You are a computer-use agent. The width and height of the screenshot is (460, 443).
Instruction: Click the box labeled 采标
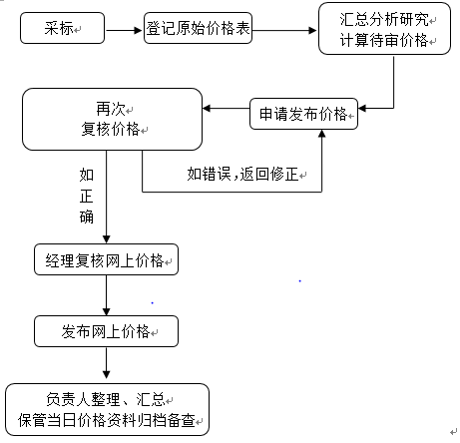[x=62, y=28]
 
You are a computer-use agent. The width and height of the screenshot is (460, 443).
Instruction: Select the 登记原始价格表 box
[x=198, y=28]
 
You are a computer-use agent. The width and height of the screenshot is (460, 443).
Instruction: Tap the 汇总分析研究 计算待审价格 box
[x=384, y=29]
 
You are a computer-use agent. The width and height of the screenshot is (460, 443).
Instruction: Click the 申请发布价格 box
[x=303, y=114]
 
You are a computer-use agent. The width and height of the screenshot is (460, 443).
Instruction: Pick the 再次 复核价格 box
[x=112, y=119]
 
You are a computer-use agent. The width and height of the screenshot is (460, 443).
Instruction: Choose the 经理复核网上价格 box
[x=106, y=259]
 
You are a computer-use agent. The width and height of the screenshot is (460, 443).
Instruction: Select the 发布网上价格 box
[x=106, y=331]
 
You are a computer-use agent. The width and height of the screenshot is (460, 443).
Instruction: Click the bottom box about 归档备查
[x=107, y=409]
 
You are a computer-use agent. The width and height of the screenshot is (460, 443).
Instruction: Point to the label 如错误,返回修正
[x=242, y=174]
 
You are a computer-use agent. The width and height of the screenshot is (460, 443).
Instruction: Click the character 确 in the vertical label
[x=87, y=217]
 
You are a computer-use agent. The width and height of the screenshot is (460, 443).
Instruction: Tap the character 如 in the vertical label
[x=87, y=175]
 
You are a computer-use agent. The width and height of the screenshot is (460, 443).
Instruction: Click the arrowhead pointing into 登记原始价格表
[x=138, y=30]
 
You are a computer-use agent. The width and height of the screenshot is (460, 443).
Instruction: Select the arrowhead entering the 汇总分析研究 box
[x=312, y=30]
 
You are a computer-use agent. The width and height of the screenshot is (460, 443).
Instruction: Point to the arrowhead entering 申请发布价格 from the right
[x=362, y=108]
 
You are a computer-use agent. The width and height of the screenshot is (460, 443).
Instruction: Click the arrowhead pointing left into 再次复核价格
[x=207, y=108]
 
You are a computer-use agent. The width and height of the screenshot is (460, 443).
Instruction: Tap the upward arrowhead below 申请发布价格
[x=321, y=134]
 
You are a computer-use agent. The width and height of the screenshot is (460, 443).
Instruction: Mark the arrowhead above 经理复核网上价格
[x=106, y=239]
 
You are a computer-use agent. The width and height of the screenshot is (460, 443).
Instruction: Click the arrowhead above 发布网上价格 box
[x=106, y=311]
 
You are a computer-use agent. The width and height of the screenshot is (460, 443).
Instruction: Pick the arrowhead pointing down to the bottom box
[x=106, y=374]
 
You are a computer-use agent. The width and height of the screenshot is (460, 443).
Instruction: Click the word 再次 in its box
[x=111, y=109]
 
